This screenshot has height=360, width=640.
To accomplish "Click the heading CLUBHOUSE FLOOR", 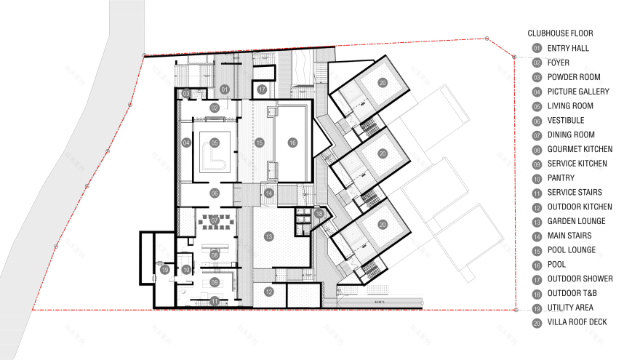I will click(560, 33).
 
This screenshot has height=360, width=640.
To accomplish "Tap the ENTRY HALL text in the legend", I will click(568, 48).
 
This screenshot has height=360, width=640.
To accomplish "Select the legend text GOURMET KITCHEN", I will click(577, 149).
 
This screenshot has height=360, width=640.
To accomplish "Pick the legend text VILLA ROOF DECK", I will click(577, 322).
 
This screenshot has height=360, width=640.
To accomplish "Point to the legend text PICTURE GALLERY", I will click(578, 92).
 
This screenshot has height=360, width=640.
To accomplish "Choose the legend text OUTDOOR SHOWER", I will click(580, 279).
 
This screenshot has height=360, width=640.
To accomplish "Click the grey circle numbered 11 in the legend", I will click(537, 192).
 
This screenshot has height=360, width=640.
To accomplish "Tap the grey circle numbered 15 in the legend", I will click(537, 250).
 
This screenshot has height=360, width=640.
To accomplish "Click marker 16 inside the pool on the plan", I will click(292, 143).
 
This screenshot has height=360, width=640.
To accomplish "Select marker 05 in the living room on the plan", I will click(215, 143).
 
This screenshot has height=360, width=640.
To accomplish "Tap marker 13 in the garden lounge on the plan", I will click(268, 236).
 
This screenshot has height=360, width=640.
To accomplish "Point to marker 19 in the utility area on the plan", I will click(165, 271).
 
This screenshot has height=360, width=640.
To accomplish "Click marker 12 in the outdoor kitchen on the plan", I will click(268, 292).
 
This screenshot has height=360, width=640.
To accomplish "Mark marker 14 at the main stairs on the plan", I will click(269, 193).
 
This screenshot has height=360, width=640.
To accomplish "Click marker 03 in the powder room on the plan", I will click(186, 93).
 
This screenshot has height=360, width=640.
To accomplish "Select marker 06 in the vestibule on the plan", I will click(215, 193).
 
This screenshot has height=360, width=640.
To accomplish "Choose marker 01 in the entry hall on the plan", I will click(225, 89).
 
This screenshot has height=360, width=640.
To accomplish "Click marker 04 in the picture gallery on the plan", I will click(186, 143).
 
